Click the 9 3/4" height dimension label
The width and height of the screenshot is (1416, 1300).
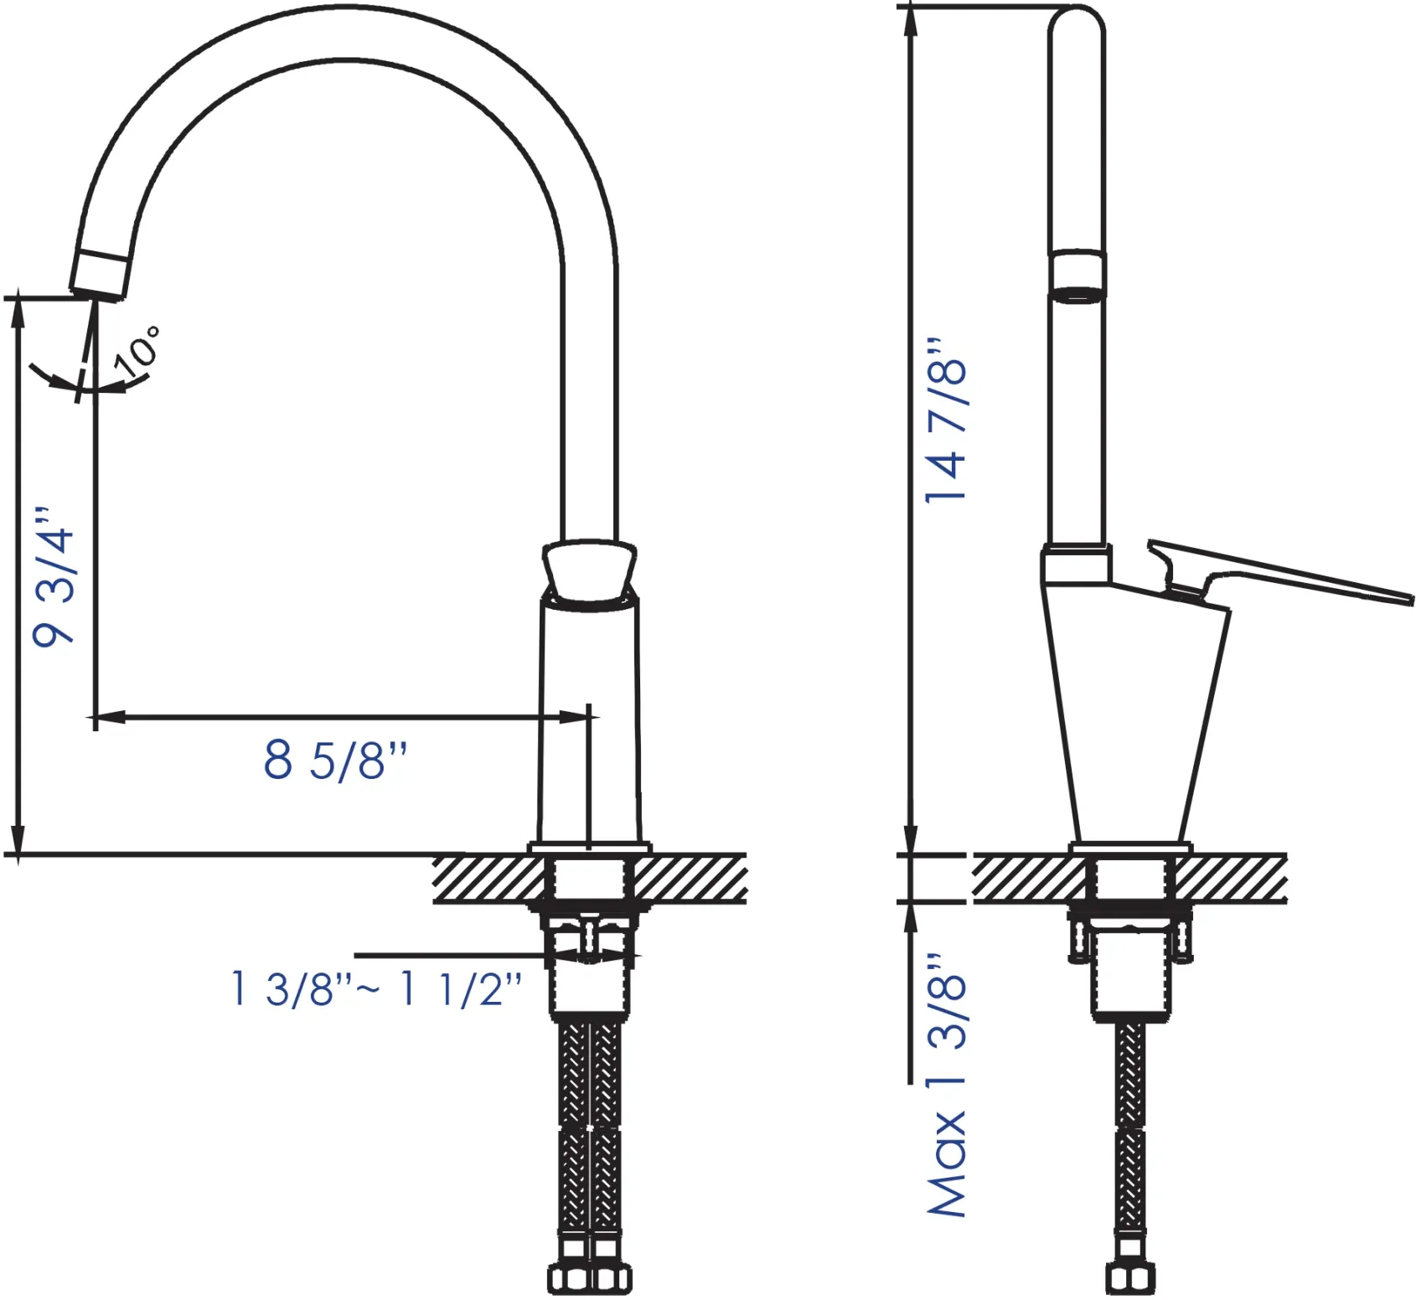point(53,576)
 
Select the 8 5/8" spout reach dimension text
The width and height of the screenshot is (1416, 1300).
point(336,760)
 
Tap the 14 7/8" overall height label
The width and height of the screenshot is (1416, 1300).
point(946,420)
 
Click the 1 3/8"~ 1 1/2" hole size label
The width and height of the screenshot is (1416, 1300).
point(376,988)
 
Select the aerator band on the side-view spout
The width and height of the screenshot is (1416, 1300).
point(1078,276)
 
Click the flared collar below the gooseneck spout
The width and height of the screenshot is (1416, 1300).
point(590,571)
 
